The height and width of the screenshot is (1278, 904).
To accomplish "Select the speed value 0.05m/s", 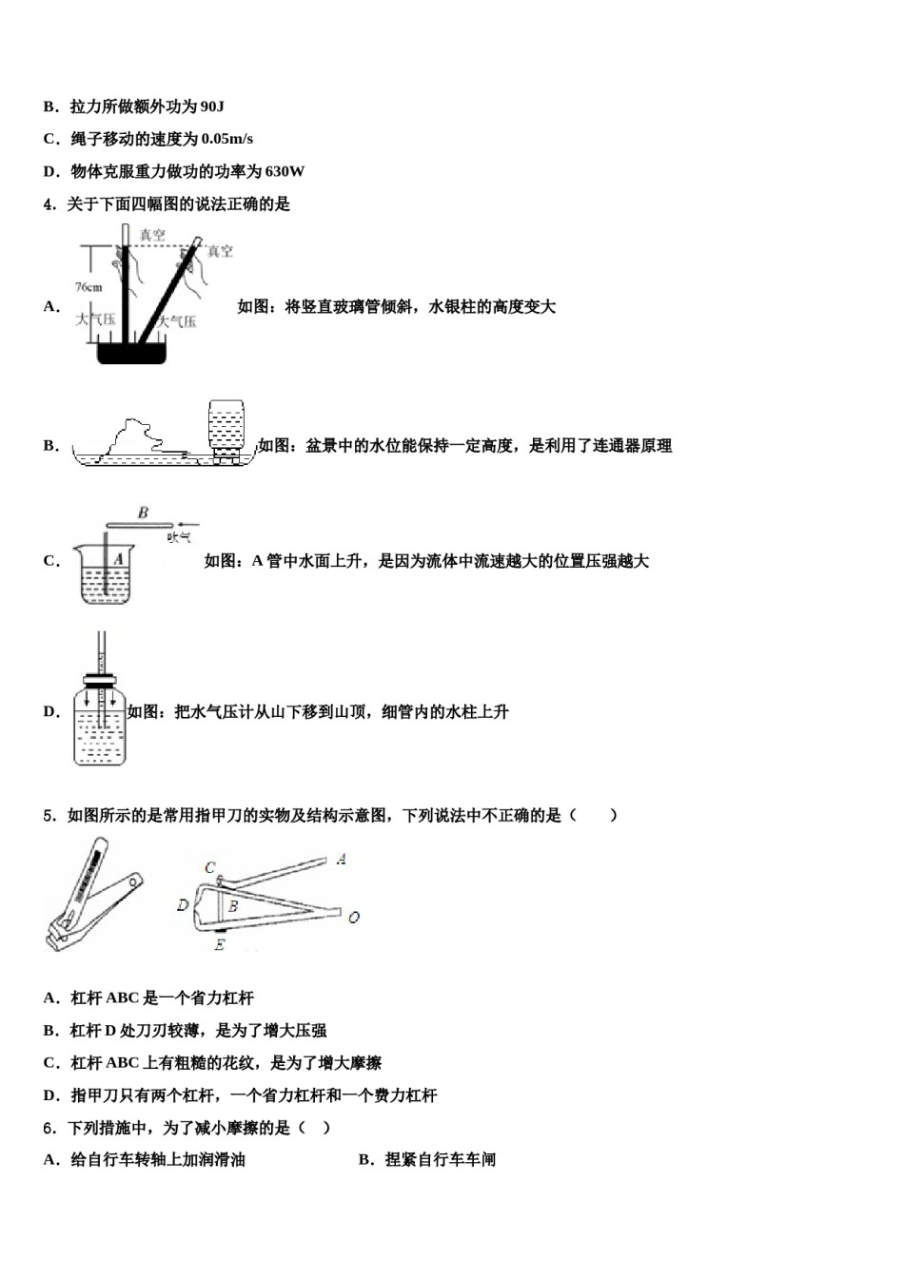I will (227, 139).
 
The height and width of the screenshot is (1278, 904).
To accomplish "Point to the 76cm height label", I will (88, 286).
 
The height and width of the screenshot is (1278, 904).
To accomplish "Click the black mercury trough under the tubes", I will (132, 353).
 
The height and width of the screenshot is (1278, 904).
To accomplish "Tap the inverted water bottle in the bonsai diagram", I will (226, 425).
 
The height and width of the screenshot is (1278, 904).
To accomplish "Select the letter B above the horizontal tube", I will (143, 513).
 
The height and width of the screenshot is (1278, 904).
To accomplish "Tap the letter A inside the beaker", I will (119, 560).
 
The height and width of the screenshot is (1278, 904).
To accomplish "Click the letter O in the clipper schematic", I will (353, 918).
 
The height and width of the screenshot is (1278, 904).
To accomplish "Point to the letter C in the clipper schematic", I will (209, 867).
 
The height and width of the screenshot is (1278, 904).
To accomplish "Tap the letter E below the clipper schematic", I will (219, 945).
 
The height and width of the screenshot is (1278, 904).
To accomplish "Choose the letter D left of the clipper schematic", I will (182, 905).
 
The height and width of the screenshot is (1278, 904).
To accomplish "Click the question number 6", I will (49, 1128).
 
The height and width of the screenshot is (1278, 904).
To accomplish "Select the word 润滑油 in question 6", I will (221, 1160).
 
